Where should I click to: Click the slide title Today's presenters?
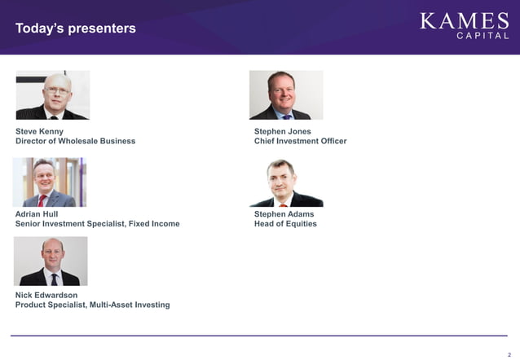(x=76, y=29)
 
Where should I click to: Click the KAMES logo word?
(x=464, y=20)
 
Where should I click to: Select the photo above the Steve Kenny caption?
(x=53, y=94)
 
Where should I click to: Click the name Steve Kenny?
(x=39, y=131)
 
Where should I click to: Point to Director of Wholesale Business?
(x=75, y=141)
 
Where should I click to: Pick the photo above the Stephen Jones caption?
(x=286, y=94)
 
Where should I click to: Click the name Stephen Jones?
(x=282, y=131)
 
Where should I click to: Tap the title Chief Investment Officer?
(x=300, y=141)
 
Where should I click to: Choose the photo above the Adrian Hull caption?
(x=50, y=182)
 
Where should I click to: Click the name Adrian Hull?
(x=37, y=214)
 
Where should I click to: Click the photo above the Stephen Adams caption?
(x=286, y=182)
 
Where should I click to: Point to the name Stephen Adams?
(x=284, y=214)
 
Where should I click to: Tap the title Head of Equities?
(x=285, y=224)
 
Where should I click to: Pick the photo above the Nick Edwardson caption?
(x=51, y=261)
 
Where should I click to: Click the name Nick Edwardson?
(x=46, y=295)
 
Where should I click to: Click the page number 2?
(x=509, y=345)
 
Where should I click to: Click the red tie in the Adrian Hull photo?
(x=42, y=200)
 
